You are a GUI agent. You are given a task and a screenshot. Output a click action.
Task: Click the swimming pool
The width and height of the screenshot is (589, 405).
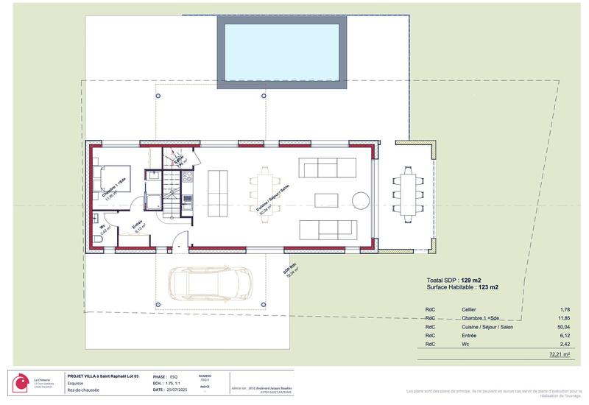click(x=282, y=48)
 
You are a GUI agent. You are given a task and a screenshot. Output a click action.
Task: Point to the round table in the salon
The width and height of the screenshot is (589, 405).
click(x=360, y=200)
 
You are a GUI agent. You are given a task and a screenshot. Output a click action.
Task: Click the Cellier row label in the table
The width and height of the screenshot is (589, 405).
click(x=469, y=309)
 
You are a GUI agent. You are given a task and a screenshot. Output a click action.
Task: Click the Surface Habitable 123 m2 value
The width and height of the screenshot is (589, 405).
click(x=489, y=287)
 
